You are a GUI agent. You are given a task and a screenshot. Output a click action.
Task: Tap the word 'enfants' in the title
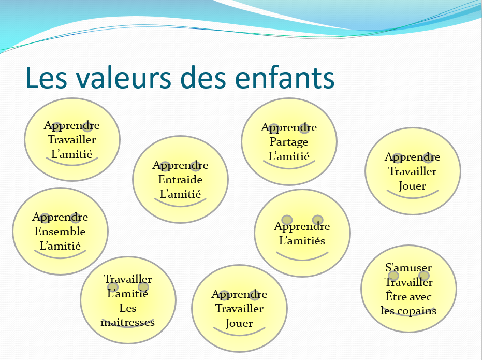[285, 78]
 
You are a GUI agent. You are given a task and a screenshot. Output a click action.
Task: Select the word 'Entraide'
[181, 180]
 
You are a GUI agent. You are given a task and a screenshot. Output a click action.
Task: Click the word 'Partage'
[289, 142]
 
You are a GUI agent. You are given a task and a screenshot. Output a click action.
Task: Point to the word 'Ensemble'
[60, 231]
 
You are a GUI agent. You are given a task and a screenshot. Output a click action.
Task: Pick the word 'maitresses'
[127, 322]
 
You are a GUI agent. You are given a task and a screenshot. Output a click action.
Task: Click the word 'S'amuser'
[408, 267]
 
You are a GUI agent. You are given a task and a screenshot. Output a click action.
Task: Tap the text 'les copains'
[408, 310]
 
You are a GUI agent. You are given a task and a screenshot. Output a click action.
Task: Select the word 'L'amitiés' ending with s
[302, 240]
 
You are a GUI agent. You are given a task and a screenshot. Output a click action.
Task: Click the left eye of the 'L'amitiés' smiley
[287, 220]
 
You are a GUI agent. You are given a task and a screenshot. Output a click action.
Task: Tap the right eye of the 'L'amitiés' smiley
[317, 220]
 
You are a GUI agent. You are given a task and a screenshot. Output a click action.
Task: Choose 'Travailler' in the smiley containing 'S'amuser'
[408, 282]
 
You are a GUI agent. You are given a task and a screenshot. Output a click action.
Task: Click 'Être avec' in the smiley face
[408, 296]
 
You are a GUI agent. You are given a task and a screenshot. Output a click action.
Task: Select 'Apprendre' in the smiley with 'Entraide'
[181, 166]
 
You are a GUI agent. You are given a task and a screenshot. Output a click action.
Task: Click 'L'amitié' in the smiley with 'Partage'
[289, 156]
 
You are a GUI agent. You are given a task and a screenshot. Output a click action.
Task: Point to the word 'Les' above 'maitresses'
[127, 308]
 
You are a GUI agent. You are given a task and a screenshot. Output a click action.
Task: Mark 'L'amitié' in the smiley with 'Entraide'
[181, 194]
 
